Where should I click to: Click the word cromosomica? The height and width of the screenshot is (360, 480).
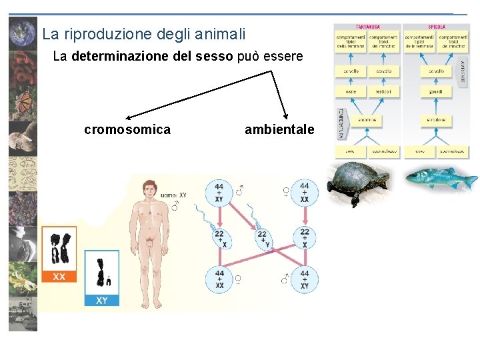(x=127, y=129)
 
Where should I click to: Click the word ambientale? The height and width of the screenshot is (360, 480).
(x=279, y=129)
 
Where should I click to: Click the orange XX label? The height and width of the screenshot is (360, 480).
(x=59, y=276)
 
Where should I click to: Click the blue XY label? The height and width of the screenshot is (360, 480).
(x=101, y=300)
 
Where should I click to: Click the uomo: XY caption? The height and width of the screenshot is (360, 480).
(x=173, y=195)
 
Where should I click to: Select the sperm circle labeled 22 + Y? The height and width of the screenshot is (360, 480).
(x=262, y=238)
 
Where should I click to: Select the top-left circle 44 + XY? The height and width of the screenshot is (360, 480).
(x=219, y=193)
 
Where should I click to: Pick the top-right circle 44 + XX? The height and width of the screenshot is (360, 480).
(x=304, y=193)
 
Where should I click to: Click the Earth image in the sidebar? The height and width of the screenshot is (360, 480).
(x=23, y=32)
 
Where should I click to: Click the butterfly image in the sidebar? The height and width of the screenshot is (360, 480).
(x=23, y=102)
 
